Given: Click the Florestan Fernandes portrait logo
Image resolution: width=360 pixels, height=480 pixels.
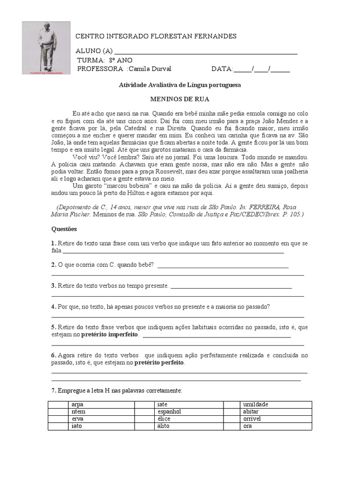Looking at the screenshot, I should [x=46, y=48].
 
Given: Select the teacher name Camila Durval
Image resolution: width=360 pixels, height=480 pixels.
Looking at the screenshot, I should [x=150, y=69].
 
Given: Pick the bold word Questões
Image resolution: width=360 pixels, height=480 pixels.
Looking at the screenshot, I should [x=64, y=229].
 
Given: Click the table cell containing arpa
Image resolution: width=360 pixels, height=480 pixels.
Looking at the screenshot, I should [x=112, y=405].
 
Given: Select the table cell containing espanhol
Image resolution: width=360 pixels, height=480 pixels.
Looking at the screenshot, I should [x=190, y=412].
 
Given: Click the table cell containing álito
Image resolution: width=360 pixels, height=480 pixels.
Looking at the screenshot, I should [x=190, y=426].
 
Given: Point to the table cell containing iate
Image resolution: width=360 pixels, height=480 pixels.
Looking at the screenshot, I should [x=190, y=405].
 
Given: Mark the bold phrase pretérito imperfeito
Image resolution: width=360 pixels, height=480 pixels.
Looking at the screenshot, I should [x=110, y=335].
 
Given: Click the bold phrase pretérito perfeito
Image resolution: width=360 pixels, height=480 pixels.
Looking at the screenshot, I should [x=160, y=363].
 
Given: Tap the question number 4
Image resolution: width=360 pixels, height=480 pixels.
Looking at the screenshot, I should [x=53, y=307].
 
